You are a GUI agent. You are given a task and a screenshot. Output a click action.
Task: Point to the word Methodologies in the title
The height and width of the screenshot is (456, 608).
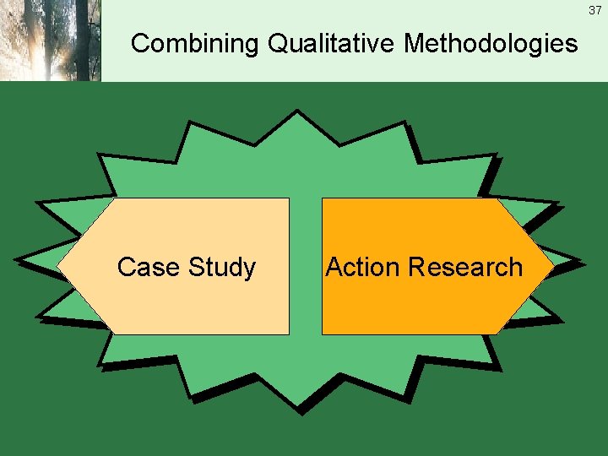pos(491,43)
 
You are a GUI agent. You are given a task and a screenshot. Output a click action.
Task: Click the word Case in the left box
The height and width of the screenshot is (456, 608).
pos(149,267)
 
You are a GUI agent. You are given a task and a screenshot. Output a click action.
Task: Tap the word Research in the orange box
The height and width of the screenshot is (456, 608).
pos(464,267)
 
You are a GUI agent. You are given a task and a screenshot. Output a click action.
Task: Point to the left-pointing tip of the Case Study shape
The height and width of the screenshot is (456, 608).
pos(59,267)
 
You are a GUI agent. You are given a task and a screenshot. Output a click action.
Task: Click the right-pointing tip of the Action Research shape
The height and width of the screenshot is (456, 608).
pos(553,267)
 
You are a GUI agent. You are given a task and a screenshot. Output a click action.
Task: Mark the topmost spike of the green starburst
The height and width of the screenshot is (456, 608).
pos(296,112)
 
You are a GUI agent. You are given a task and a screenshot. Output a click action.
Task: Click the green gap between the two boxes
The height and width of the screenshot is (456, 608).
pos(306,267)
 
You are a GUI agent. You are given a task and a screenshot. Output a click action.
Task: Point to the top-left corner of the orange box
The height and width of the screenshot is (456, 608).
pos(323,199)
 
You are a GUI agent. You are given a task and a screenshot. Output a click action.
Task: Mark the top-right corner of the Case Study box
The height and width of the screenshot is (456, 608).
pos(288,199)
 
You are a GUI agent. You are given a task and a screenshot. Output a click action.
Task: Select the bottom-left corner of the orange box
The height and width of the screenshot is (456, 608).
pos(323,334)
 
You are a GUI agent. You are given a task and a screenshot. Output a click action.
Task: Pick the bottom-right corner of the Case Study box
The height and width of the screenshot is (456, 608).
pos(288,334)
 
